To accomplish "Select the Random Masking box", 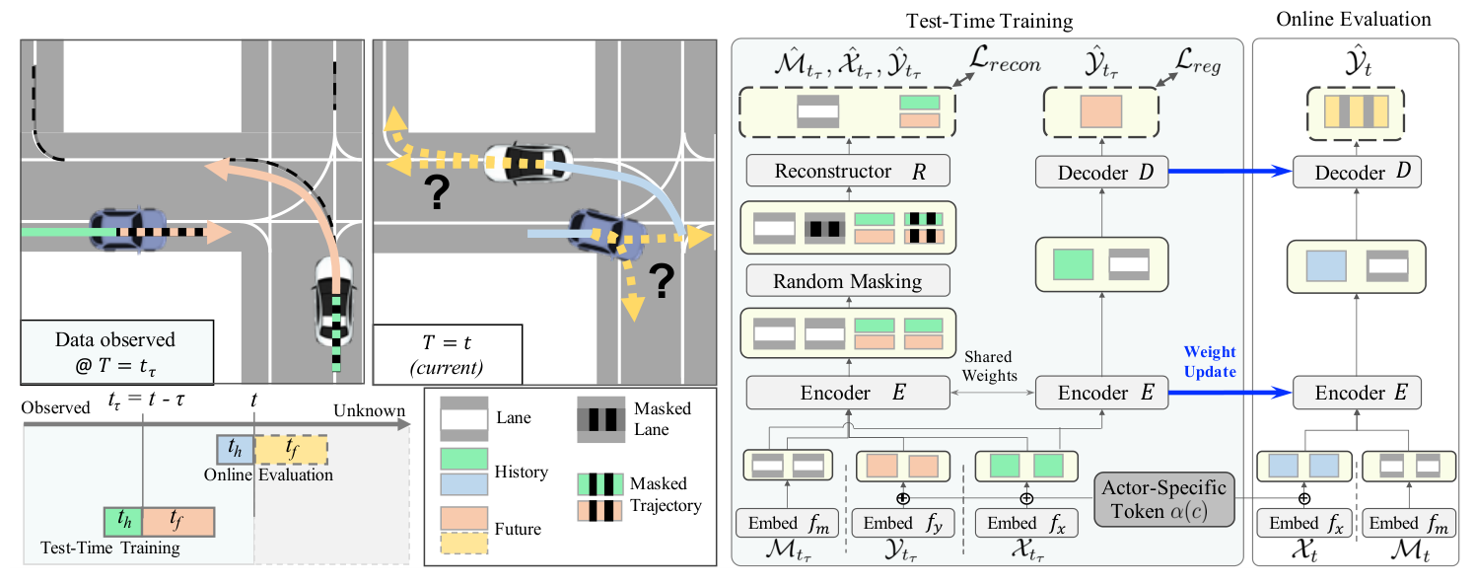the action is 848,281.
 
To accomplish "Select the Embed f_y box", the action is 901,523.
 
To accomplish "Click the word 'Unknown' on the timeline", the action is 369,410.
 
